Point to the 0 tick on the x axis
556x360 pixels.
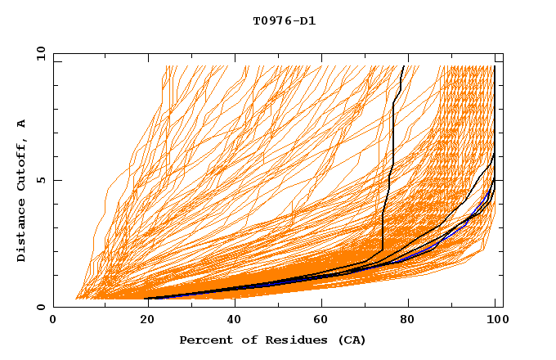pyautogui.click(x=53, y=322)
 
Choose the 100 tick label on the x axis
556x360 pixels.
pyautogui.click(x=496, y=322)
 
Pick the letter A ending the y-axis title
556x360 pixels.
pyautogui.click(x=22, y=124)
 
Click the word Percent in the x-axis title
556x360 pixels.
pyautogui.click(x=204, y=340)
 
